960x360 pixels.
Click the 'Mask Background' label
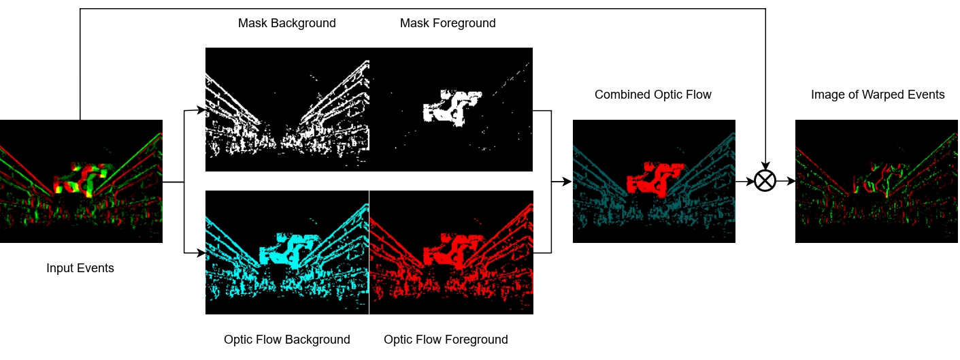286,23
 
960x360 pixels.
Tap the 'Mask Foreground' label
448,23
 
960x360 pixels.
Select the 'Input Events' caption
80,268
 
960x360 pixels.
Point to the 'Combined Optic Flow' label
652,95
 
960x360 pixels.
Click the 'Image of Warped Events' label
877,95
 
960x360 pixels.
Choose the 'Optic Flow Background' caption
286,340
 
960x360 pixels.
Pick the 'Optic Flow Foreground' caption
446,340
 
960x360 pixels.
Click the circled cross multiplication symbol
765,182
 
